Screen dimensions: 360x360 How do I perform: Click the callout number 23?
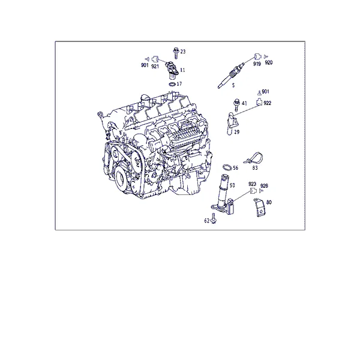[183, 52]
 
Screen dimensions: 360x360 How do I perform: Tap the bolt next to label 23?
[176, 53]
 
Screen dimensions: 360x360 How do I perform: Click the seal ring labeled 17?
[172, 84]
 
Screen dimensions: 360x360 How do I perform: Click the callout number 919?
[257, 64]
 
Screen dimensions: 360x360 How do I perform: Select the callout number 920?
[269, 62]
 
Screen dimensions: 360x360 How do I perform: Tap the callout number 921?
[155, 67]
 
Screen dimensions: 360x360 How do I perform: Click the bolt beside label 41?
[236, 104]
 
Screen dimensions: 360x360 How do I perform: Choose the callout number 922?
[267, 103]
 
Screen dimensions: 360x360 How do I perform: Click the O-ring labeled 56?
[227, 168]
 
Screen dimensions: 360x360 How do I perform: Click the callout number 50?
[232, 185]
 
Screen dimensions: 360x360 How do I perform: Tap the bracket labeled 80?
[260, 207]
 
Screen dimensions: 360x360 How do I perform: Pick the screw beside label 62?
[214, 218]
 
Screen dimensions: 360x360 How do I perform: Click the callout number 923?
[252, 184]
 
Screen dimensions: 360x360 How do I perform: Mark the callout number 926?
[264, 186]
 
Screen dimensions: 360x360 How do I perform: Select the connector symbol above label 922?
[259, 92]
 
